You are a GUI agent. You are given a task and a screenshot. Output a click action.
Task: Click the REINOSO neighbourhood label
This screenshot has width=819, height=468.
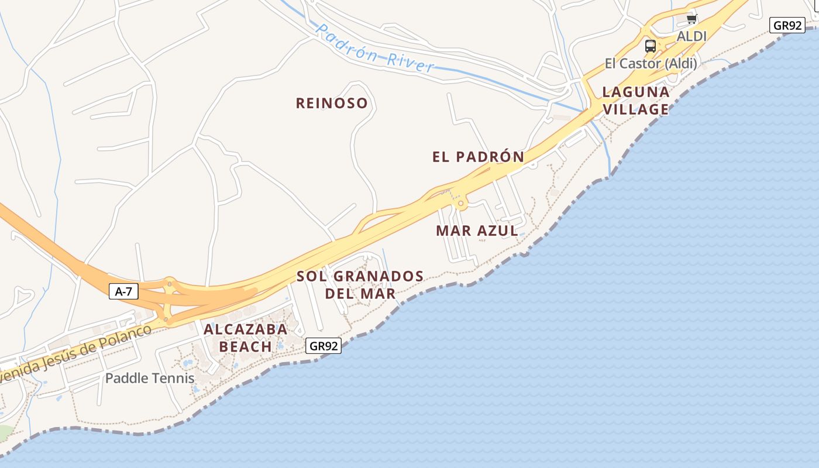(x=332, y=104)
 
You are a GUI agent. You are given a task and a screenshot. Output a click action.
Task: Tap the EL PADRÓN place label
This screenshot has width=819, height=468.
(x=478, y=157)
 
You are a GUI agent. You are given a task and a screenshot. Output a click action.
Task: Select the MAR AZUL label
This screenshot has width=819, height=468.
(x=477, y=231)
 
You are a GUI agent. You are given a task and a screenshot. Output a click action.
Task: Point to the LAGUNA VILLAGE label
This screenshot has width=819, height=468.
(x=636, y=101)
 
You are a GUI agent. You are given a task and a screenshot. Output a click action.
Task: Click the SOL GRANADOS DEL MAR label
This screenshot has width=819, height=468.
(x=360, y=284)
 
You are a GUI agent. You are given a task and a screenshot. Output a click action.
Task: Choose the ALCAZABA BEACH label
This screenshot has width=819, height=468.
(x=246, y=338)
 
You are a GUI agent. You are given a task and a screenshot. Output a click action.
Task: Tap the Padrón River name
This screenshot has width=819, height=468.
(x=375, y=48)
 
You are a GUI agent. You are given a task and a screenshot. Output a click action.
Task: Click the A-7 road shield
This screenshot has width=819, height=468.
(x=123, y=291)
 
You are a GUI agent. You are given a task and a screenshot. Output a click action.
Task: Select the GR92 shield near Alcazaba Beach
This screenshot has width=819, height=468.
(x=324, y=346)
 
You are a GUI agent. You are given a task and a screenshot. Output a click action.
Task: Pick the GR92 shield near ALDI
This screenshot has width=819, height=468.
(x=787, y=26)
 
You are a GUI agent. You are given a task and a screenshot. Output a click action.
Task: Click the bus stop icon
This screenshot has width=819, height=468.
(x=650, y=46)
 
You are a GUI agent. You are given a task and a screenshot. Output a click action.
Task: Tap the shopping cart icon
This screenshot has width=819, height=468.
(x=691, y=19)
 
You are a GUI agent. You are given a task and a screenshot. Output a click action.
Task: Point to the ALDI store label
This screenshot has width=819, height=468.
(x=691, y=36)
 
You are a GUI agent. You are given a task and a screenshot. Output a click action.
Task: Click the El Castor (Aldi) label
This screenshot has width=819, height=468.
(x=651, y=63)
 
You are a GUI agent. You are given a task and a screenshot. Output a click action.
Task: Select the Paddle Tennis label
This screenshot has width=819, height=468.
(x=150, y=378)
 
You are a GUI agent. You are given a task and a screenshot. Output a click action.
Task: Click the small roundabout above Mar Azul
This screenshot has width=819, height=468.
(x=461, y=204)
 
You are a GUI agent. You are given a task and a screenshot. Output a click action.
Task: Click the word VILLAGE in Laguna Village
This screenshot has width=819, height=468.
(x=636, y=109)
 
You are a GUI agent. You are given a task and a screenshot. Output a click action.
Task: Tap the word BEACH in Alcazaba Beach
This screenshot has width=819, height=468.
(x=246, y=346)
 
